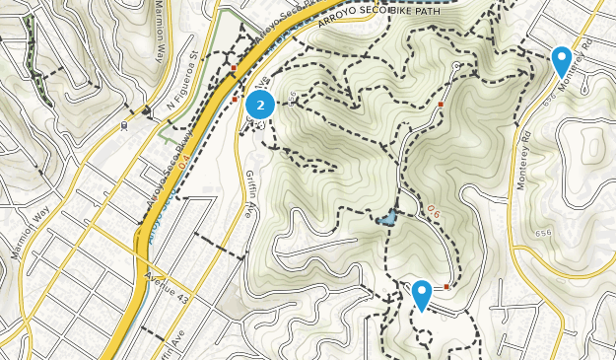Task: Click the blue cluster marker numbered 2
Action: point(260,104)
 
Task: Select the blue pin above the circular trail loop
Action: point(422,294)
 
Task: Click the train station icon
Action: point(124,125)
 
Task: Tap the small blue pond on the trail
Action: point(388,216)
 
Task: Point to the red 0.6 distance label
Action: point(434,209)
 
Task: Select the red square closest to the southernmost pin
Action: point(446,287)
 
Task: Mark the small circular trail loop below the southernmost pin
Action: point(423,335)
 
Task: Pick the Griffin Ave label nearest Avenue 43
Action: point(171,340)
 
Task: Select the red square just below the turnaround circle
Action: point(442,103)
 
